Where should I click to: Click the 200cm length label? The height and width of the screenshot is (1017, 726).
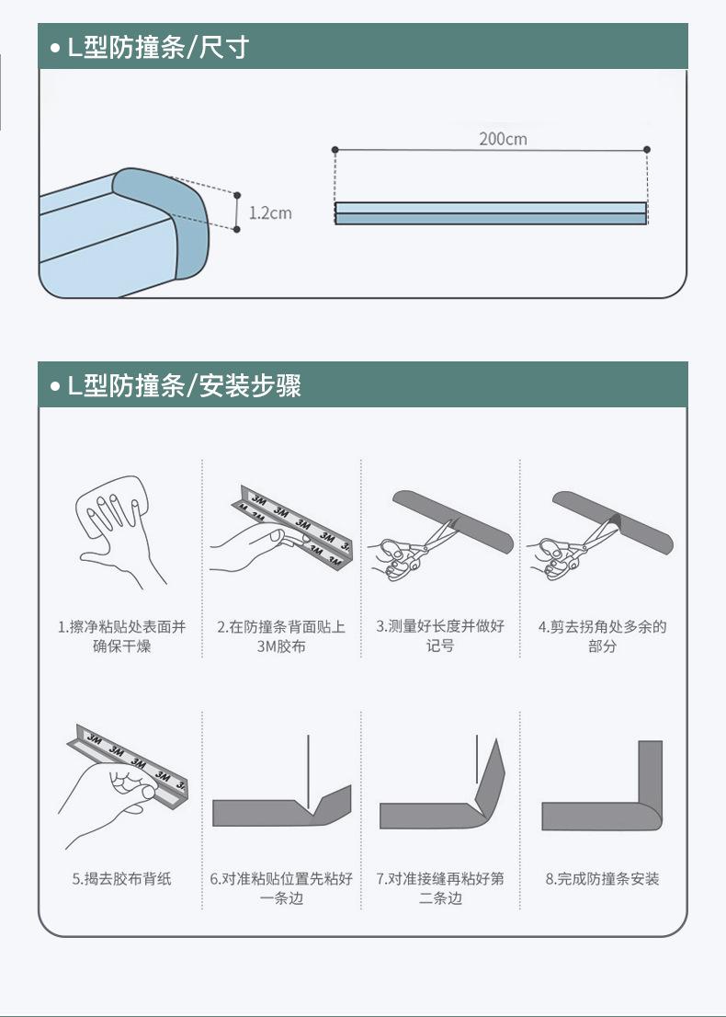[x=503, y=139]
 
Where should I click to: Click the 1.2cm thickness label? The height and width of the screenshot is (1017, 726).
[x=270, y=212]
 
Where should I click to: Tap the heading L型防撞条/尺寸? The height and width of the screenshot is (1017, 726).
[x=158, y=47]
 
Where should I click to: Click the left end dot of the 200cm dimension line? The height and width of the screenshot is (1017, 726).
[x=335, y=150]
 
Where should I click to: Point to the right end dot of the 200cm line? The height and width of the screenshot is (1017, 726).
[x=647, y=150]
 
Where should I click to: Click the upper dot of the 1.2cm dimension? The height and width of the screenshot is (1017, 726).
[x=237, y=195]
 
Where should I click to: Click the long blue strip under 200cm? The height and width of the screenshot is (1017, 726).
[x=491, y=213]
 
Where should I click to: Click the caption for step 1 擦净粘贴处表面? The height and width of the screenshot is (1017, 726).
[x=121, y=636]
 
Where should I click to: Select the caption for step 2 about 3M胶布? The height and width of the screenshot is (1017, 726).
[x=281, y=636]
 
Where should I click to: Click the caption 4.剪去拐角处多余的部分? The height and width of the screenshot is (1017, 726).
[x=602, y=636]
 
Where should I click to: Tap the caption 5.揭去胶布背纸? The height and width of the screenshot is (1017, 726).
[x=122, y=879]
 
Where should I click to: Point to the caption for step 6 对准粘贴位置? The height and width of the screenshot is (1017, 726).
[x=281, y=888]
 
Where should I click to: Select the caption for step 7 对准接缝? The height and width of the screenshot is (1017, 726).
[x=440, y=888]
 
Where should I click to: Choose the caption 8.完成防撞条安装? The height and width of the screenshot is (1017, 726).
[x=602, y=879]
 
